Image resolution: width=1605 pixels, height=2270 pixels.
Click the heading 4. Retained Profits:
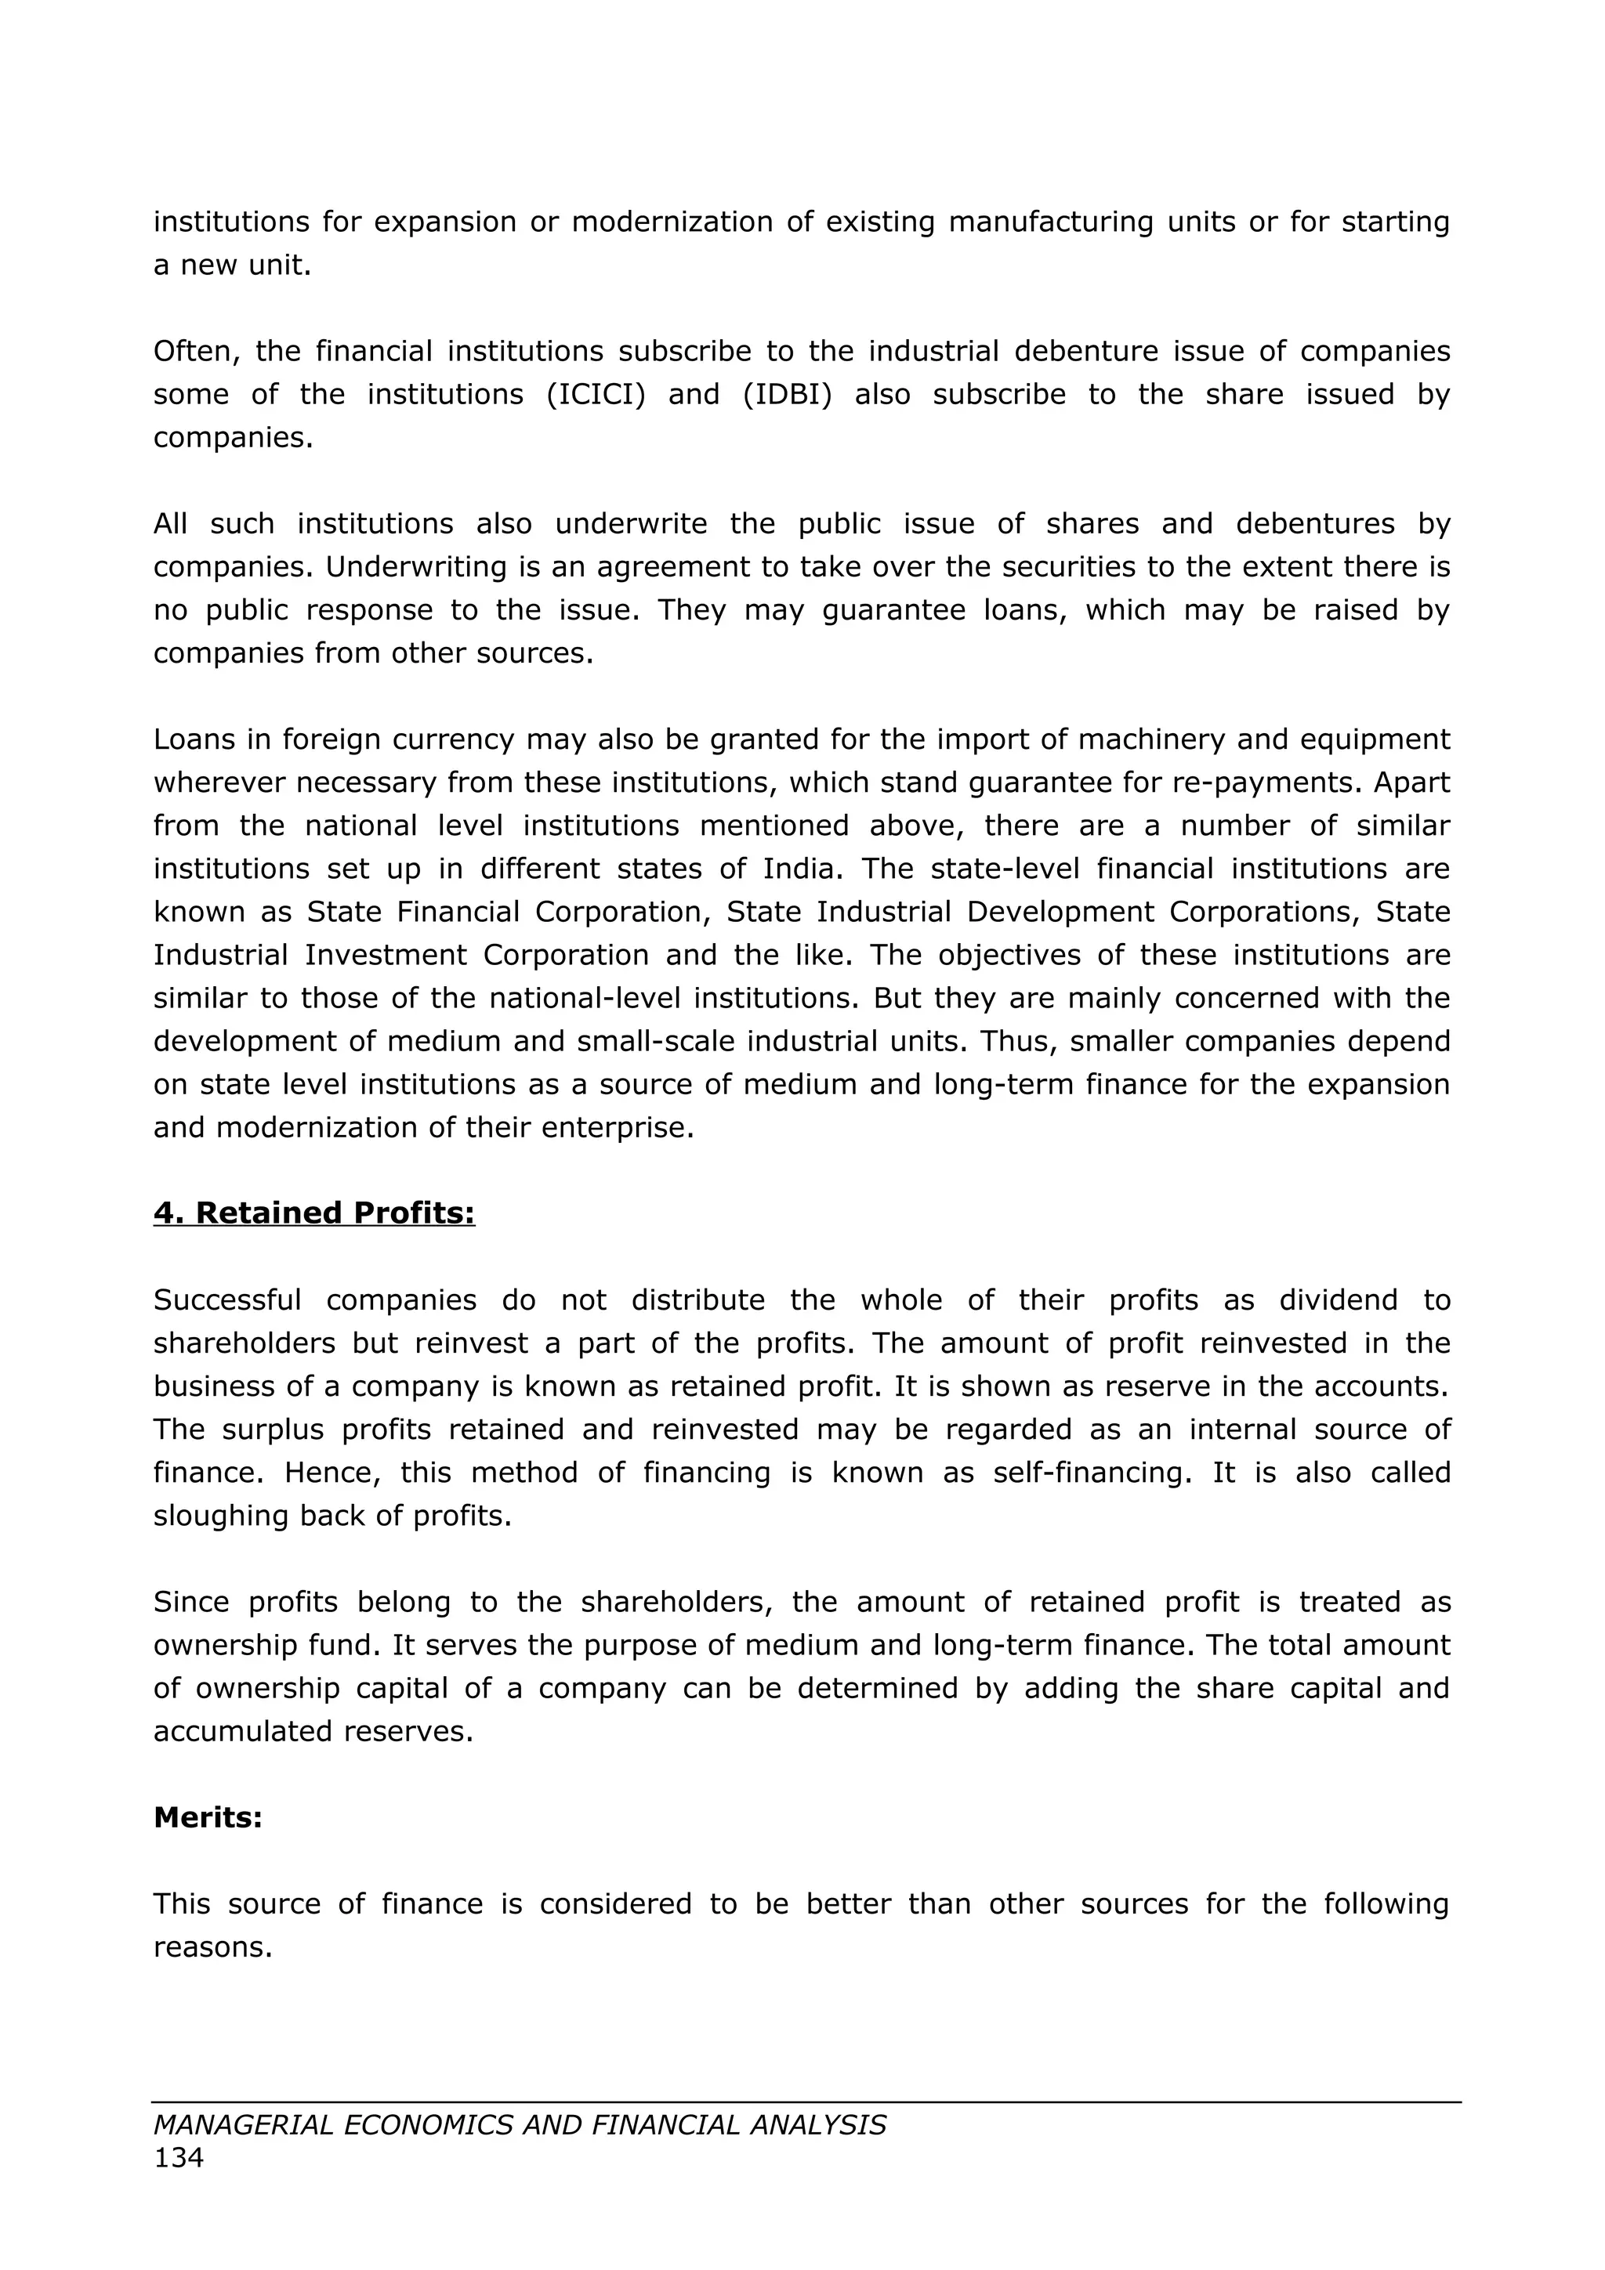(313, 1213)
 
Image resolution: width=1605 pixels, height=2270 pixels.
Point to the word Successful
(226, 1300)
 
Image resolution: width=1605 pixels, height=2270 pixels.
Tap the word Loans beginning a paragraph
(196, 739)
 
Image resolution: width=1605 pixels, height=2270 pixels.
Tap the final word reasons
(212, 1946)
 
